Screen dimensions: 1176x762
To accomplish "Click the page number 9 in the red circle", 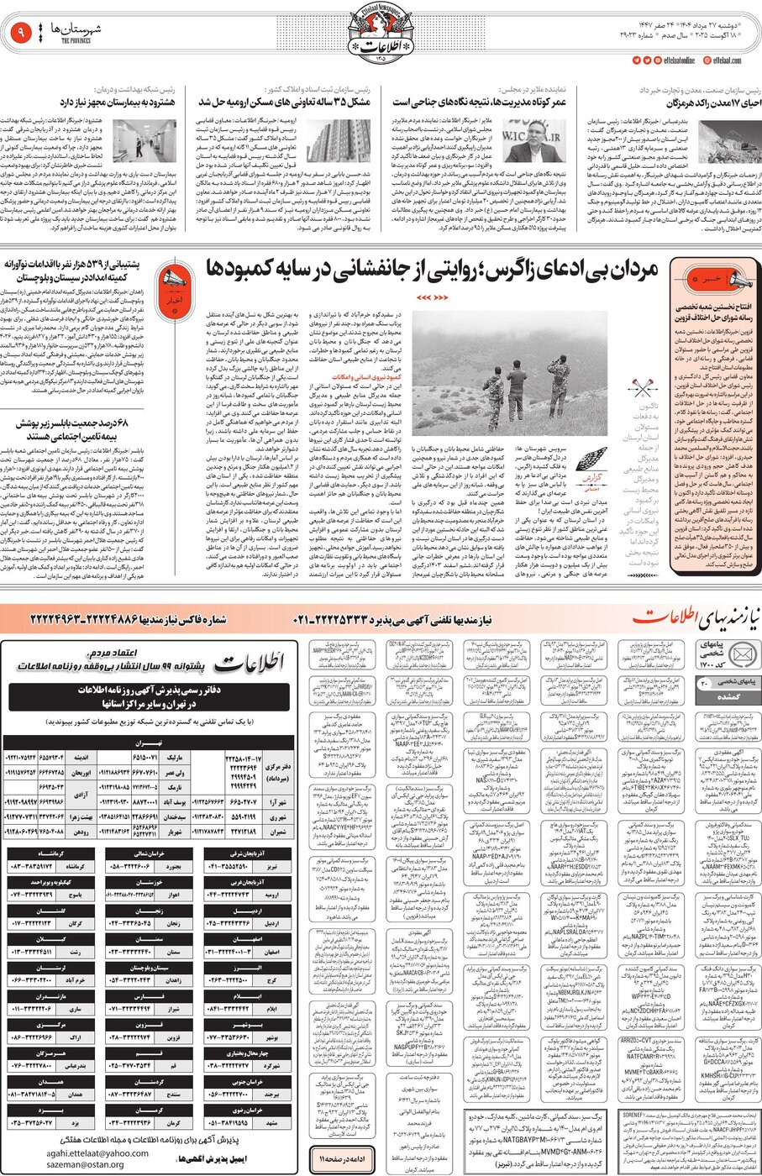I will pyautogui.click(x=19, y=34).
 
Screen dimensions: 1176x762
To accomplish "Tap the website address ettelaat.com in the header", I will pyautogui.click(x=727, y=60).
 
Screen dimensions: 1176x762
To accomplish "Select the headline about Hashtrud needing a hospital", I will pyautogui.click(x=127, y=102).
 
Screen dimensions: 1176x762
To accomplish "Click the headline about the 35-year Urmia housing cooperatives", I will pyautogui.click(x=284, y=102).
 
